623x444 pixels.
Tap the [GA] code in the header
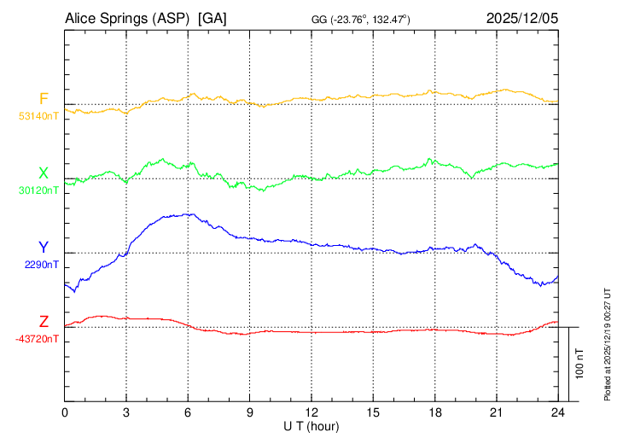click(x=212, y=18)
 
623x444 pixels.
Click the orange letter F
click(x=44, y=97)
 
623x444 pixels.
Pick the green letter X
click(x=44, y=172)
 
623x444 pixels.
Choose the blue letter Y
click(x=44, y=246)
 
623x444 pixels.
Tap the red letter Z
click(x=44, y=321)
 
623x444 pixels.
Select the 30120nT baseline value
click(x=39, y=190)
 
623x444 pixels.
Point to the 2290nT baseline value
click(x=42, y=265)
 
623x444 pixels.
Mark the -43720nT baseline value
click(x=38, y=339)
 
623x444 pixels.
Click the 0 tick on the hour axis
click(x=65, y=412)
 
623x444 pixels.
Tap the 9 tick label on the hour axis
click(x=250, y=412)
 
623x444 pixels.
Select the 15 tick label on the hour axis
click(x=373, y=412)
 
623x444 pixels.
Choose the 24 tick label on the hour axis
click(x=558, y=412)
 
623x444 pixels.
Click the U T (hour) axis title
click(x=311, y=425)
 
